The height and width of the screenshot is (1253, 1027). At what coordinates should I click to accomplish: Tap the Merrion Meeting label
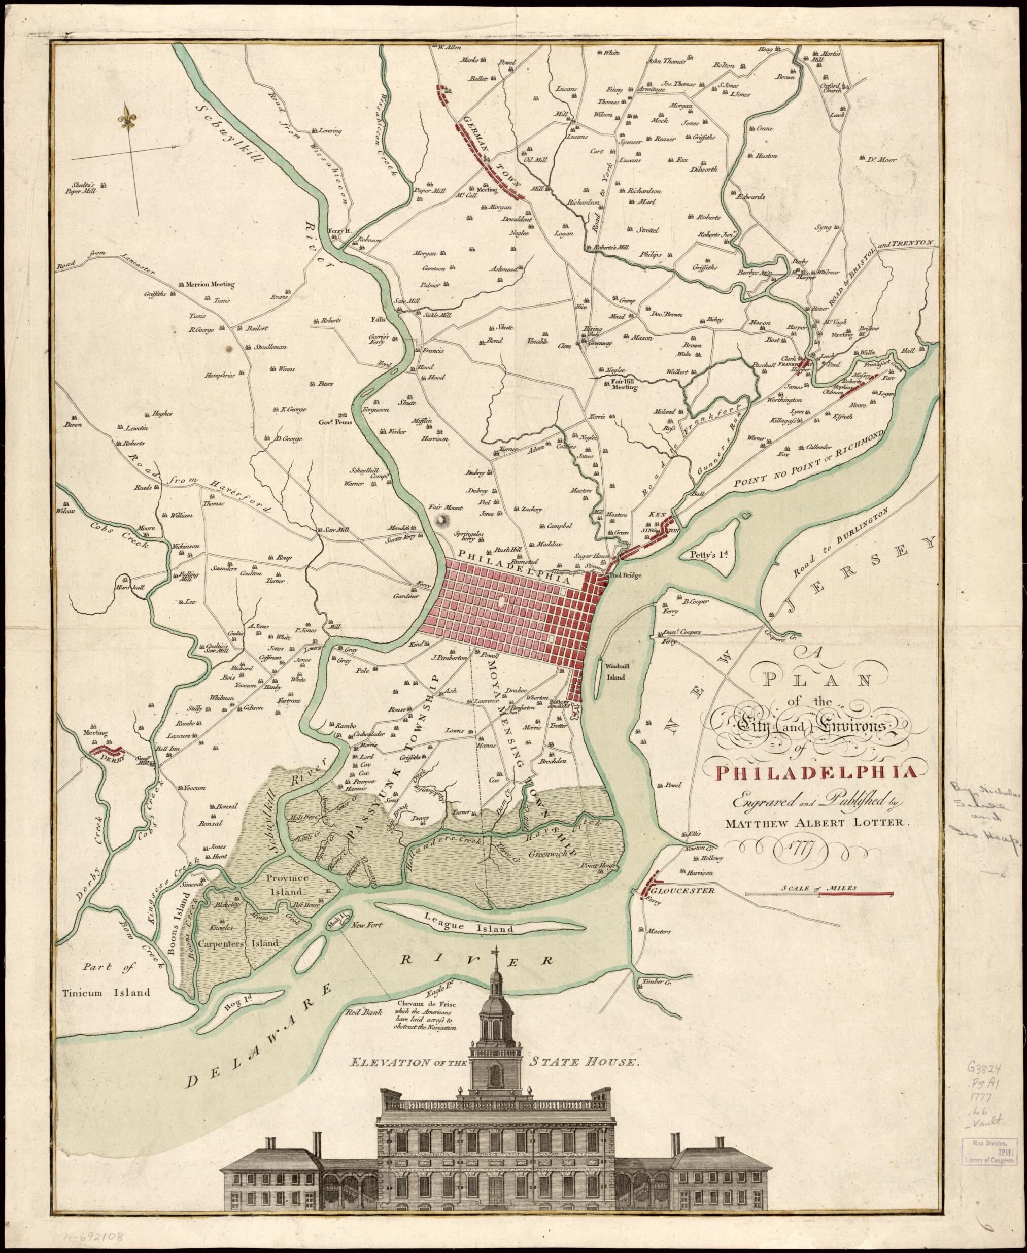(210, 285)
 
